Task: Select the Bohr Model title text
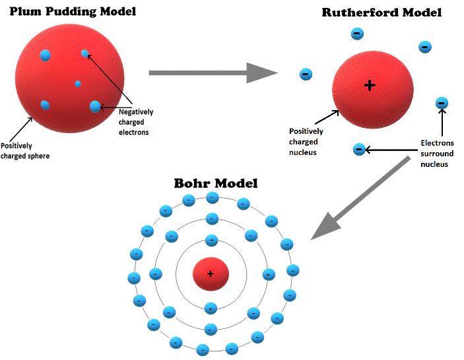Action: pyautogui.click(x=215, y=183)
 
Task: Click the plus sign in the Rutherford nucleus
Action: pyautogui.click(x=370, y=85)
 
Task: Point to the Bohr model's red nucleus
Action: pyautogui.click(x=211, y=274)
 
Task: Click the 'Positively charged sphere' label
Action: pyautogui.click(x=25, y=151)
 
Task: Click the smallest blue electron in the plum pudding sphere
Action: pyautogui.click(x=78, y=84)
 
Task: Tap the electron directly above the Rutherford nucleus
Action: pyautogui.click(x=356, y=33)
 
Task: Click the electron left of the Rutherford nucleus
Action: pyautogui.click(x=306, y=75)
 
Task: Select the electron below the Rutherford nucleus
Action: pyautogui.click(x=359, y=150)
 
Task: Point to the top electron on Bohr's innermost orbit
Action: pyautogui.click(x=211, y=241)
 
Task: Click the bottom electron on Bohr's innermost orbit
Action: pyautogui.click(x=211, y=307)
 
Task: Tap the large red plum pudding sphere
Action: pyautogui.click(x=59, y=73)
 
